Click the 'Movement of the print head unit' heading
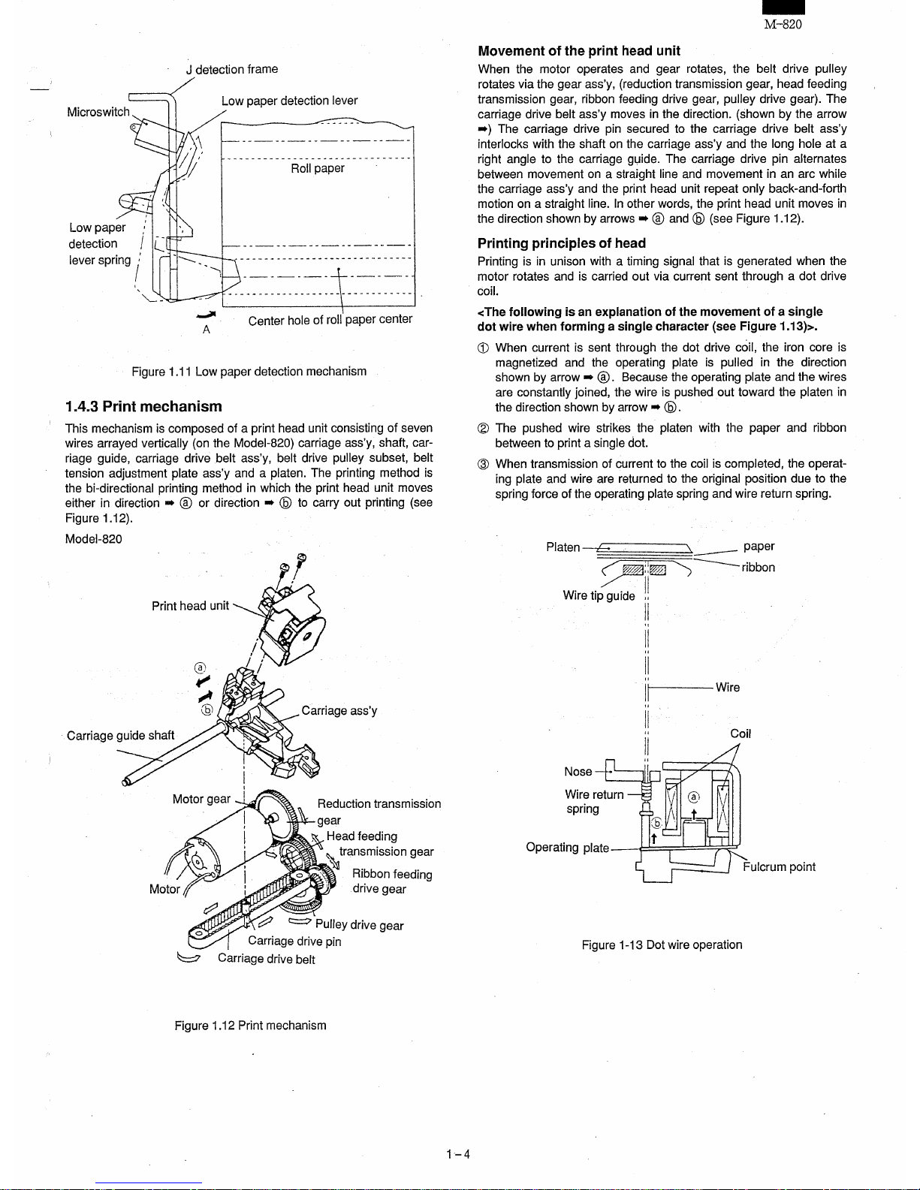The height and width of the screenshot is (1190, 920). pos(578,51)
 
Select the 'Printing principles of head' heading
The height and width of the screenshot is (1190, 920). pos(561,243)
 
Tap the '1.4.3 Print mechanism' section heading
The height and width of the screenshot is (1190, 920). pos(143,406)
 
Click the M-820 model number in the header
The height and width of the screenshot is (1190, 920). pos(783,24)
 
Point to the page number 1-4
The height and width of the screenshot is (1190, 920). pos(457,1154)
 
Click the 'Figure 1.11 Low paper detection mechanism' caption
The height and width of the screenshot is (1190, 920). pos(249,372)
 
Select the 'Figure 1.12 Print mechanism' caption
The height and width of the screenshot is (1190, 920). pos(250,1026)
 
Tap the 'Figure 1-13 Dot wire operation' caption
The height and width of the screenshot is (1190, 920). pos(662,944)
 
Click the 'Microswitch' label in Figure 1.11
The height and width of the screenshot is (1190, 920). pos(98,112)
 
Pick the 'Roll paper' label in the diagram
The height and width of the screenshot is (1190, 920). pos(317,168)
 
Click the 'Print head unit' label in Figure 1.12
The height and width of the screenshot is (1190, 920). pos(190,606)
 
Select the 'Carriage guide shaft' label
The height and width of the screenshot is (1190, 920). pos(120,735)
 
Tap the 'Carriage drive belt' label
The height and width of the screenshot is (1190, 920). pos(266,959)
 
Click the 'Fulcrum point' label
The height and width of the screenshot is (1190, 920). pos(779,867)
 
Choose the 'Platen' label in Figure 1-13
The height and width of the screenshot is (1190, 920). pos(563,547)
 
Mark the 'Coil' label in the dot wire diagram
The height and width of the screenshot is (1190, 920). pos(741,734)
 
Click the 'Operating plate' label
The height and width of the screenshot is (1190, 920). pos(567,848)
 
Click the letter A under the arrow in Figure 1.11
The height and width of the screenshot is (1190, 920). pos(206,330)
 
